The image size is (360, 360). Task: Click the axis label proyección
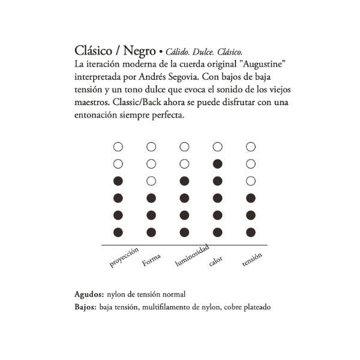click(x=124, y=257)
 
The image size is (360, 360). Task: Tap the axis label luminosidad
click(x=192, y=255)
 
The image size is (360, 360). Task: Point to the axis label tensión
click(x=251, y=260)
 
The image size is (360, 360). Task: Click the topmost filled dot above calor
click(x=218, y=163)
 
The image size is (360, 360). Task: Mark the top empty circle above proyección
click(x=118, y=146)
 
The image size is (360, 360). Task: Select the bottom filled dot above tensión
click(x=251, y=232)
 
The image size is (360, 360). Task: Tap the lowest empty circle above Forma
click(x=151, y=181)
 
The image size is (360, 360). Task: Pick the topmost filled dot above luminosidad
click(x=184, y=181)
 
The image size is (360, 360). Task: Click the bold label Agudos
click(x=89, y=295)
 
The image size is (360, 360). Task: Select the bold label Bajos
click(x=86, y=307)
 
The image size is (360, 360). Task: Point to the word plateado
click(x=256, y=307)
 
